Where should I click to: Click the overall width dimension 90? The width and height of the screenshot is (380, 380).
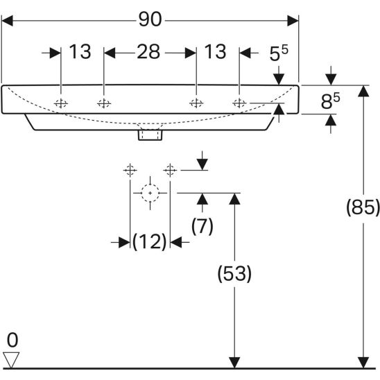click(150, 19)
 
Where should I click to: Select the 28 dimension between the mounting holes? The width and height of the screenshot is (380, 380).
click(148, 51)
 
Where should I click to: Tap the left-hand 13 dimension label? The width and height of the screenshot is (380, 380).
click(80, 51)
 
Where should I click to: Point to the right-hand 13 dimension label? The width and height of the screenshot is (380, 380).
click(215, 51)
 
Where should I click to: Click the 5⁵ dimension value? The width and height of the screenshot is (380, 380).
click(279, 53)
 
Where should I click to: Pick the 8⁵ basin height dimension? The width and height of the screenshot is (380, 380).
click(330, 101)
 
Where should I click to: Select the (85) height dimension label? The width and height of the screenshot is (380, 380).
click(363, 207)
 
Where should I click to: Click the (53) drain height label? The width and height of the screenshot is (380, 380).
click(234, 274)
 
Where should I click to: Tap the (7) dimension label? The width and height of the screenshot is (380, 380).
click(202, 226)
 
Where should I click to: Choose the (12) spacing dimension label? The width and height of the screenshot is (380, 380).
click(150, 241)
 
